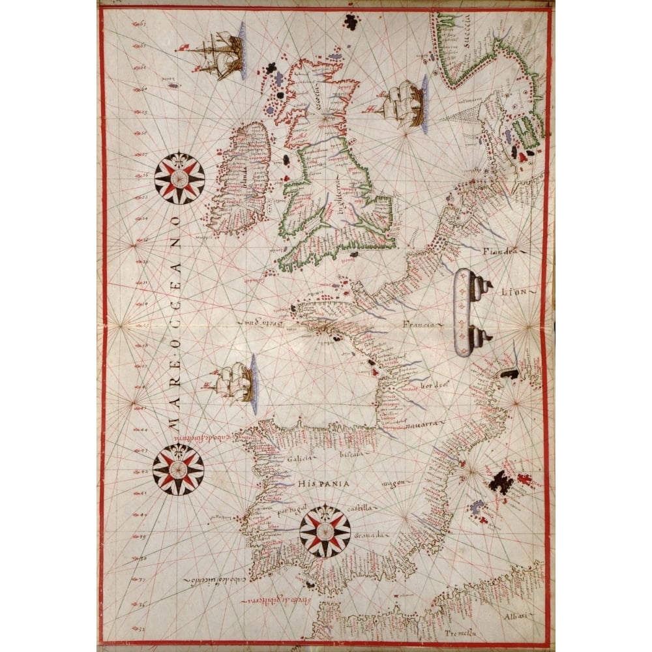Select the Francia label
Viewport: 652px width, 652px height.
(419, 324)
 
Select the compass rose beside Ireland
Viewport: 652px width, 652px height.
(179, 178)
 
